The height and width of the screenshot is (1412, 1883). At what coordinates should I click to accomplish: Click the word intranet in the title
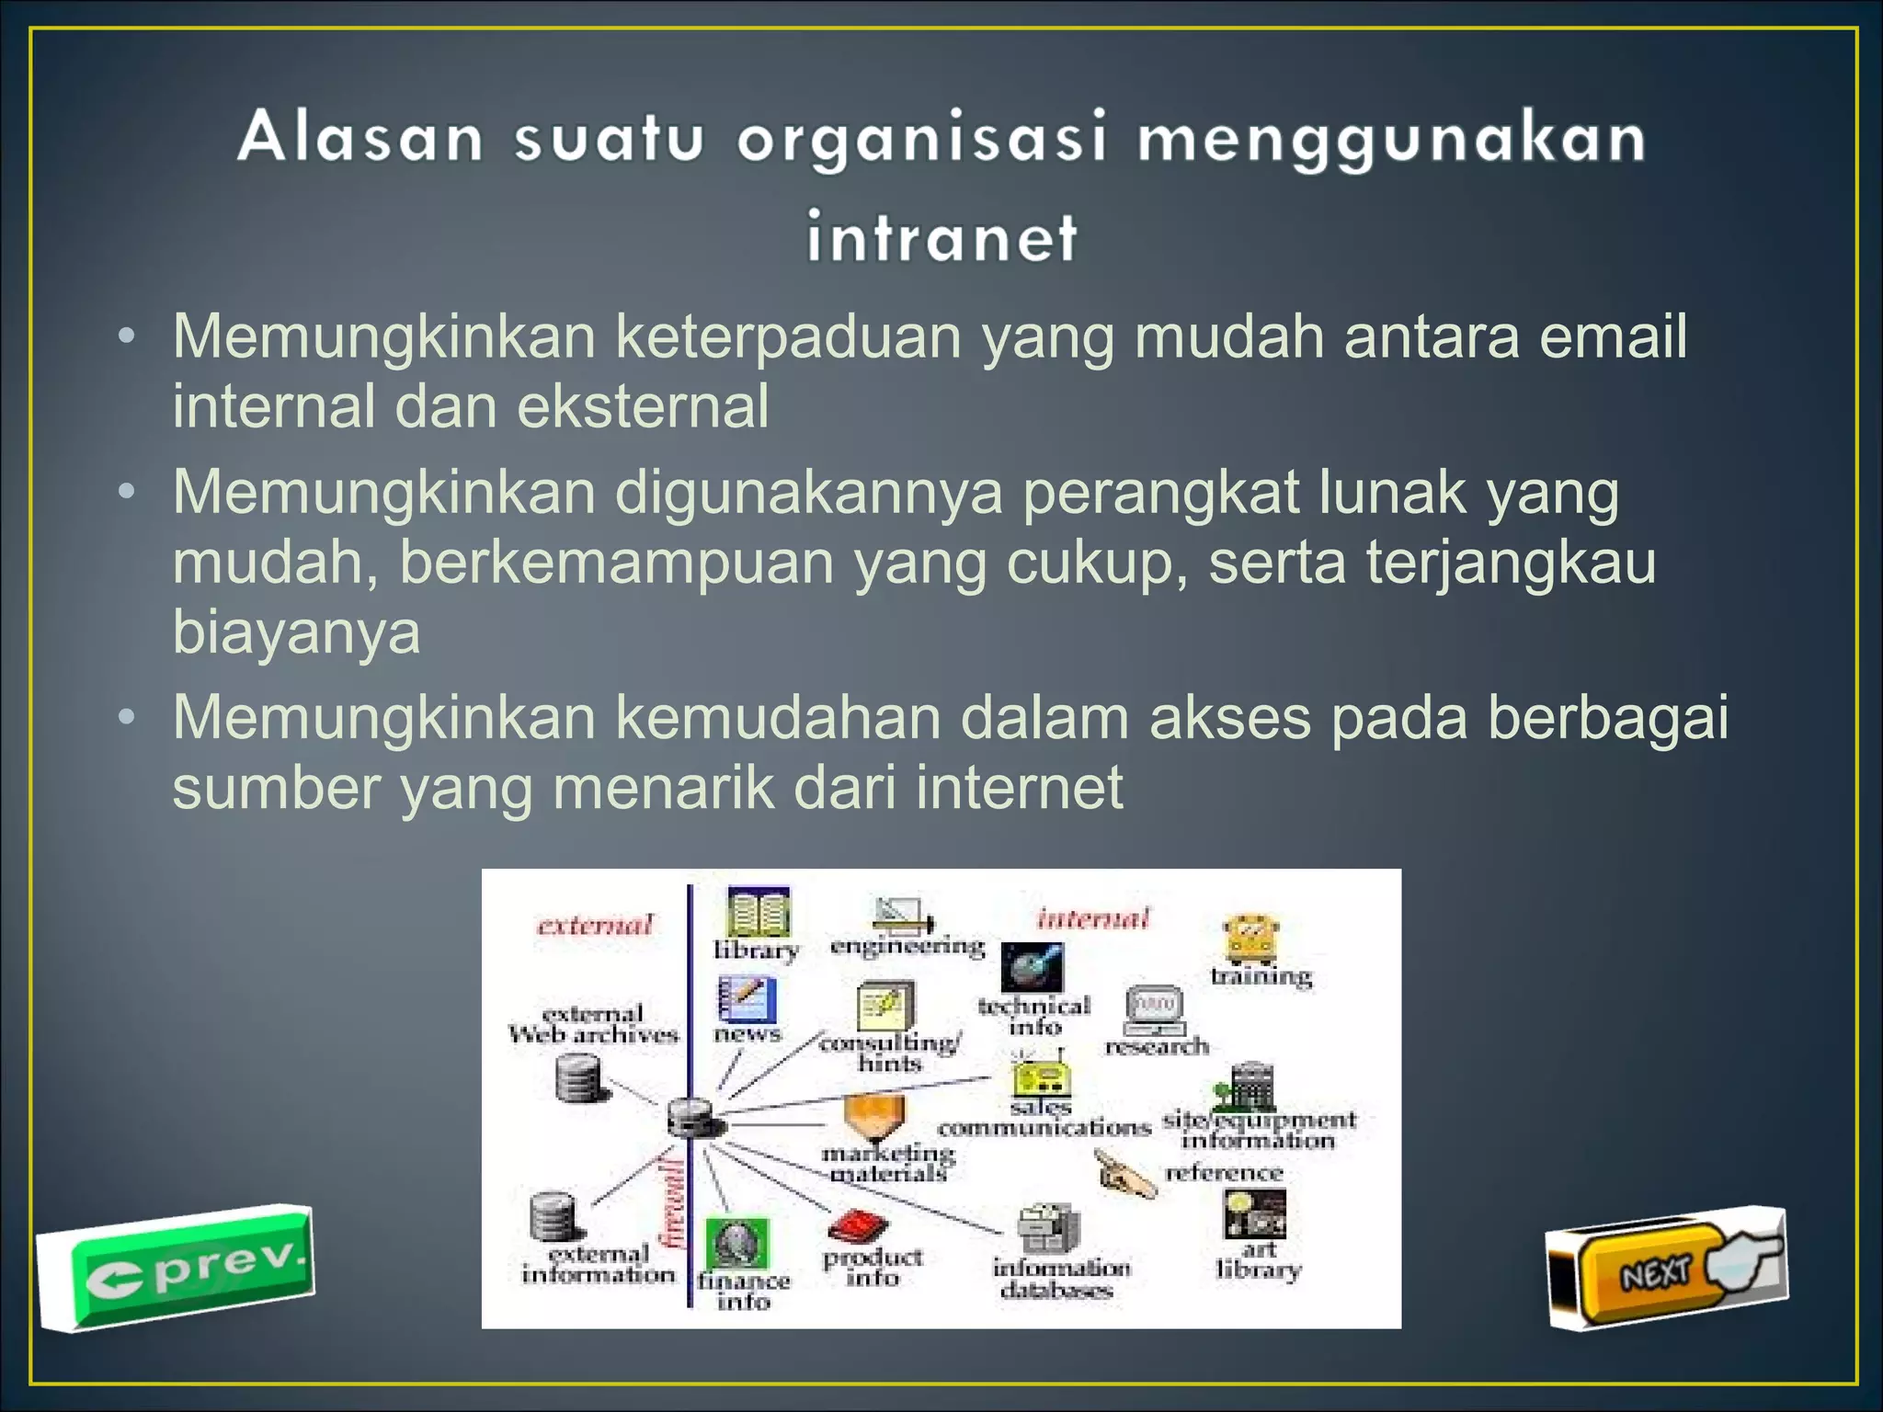[941, 237]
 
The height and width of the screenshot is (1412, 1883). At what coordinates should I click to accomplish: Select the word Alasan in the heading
[360, 138]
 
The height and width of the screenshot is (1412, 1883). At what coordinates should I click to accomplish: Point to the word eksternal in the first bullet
[643, 406]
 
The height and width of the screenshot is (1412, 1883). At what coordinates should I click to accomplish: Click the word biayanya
[296, 632]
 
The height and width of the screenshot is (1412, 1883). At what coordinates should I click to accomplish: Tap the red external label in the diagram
[595, 924]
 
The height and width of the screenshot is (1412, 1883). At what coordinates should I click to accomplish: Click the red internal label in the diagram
[1093, 918]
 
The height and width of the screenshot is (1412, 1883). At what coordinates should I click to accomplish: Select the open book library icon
[759, 912]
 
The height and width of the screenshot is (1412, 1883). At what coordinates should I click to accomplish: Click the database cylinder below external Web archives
[581, 1076]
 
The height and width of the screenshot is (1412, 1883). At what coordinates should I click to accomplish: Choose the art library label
[1258, 1260]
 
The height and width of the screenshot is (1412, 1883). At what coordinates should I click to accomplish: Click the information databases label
[1060, 1279]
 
